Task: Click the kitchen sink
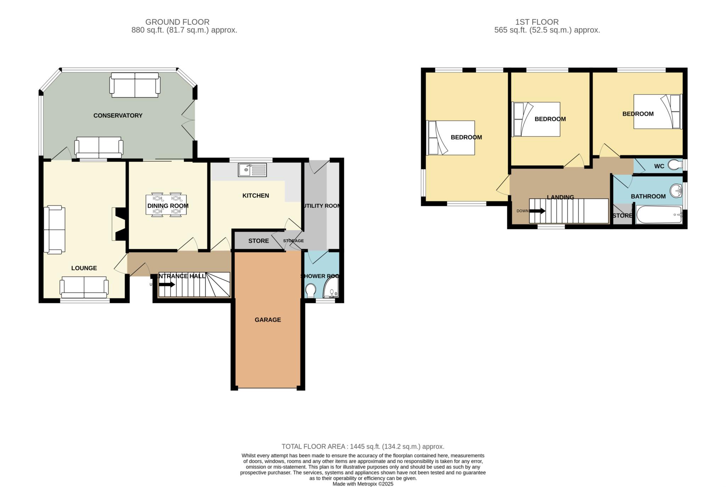point(252,170)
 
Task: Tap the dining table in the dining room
point(166,205)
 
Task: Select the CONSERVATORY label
point(118,115)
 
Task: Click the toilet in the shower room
point(311,290)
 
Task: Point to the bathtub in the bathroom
point(659,215)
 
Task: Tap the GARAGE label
point(268,320)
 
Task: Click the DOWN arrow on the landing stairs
point(537,211)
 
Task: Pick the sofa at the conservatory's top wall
point(135,85)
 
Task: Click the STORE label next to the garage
point(258,241)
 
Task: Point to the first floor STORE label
point(622,215)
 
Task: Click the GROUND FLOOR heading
point(177,22)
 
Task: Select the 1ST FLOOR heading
point(537,22)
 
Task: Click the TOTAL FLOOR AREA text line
point(363,447)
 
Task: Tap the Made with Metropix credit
point(363,484)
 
